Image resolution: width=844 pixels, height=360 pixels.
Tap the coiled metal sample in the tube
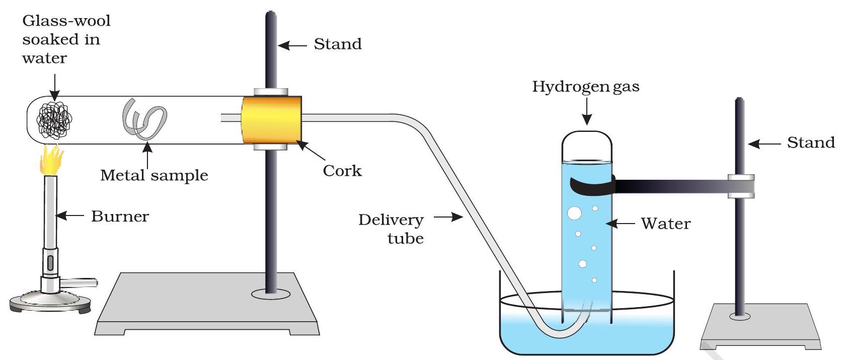(143, 120)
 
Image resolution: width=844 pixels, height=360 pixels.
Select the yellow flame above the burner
(51, 159)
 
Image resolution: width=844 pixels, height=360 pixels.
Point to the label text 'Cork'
(342, 171)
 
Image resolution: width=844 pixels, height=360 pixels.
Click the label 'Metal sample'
(154, 175)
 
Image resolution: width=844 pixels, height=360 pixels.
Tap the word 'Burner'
(120, 217)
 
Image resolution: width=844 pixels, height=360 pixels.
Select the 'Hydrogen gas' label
(586, 87)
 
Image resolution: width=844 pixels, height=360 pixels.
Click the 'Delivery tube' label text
(392, 229)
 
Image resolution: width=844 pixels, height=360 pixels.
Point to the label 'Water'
(665, 224)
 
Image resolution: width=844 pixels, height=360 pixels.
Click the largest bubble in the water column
(574, 213)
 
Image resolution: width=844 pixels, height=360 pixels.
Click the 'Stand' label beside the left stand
(338, 44)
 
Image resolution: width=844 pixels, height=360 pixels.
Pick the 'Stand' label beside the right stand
(811, 143)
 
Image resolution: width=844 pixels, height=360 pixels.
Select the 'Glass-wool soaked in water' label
(65, 39)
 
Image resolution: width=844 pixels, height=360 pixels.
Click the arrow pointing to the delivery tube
(448, 218)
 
